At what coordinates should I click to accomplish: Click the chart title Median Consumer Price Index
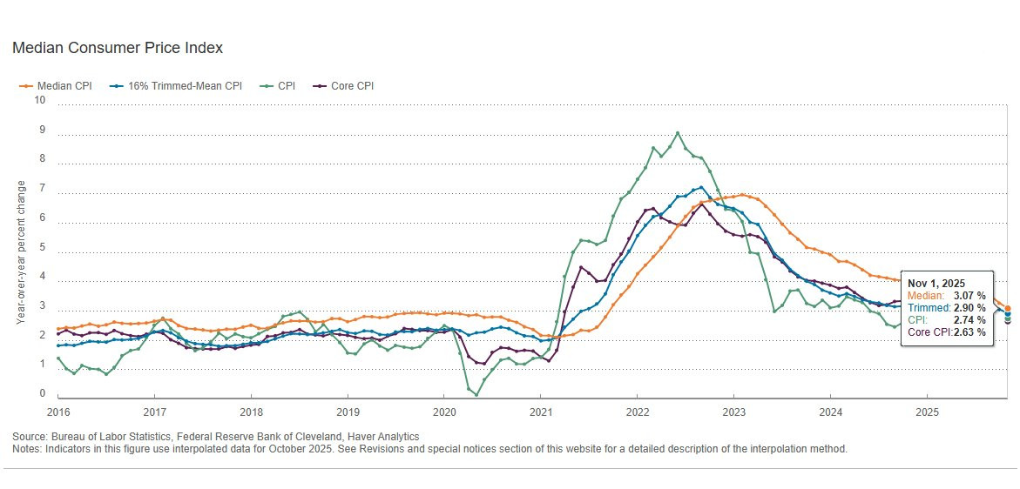[118, 48]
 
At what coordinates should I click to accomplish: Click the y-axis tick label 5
[43, 247]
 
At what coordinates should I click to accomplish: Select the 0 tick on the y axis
[43, 393]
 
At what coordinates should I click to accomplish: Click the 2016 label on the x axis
[57, 412]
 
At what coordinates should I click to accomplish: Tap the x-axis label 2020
[443, 412]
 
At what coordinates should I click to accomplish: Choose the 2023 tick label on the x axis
[733, 412]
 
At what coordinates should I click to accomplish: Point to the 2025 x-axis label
[927, 412]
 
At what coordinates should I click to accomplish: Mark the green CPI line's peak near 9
[677, 133]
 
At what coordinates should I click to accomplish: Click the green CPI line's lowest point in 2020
[476, 394]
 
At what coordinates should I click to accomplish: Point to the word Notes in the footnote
[25, 449]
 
